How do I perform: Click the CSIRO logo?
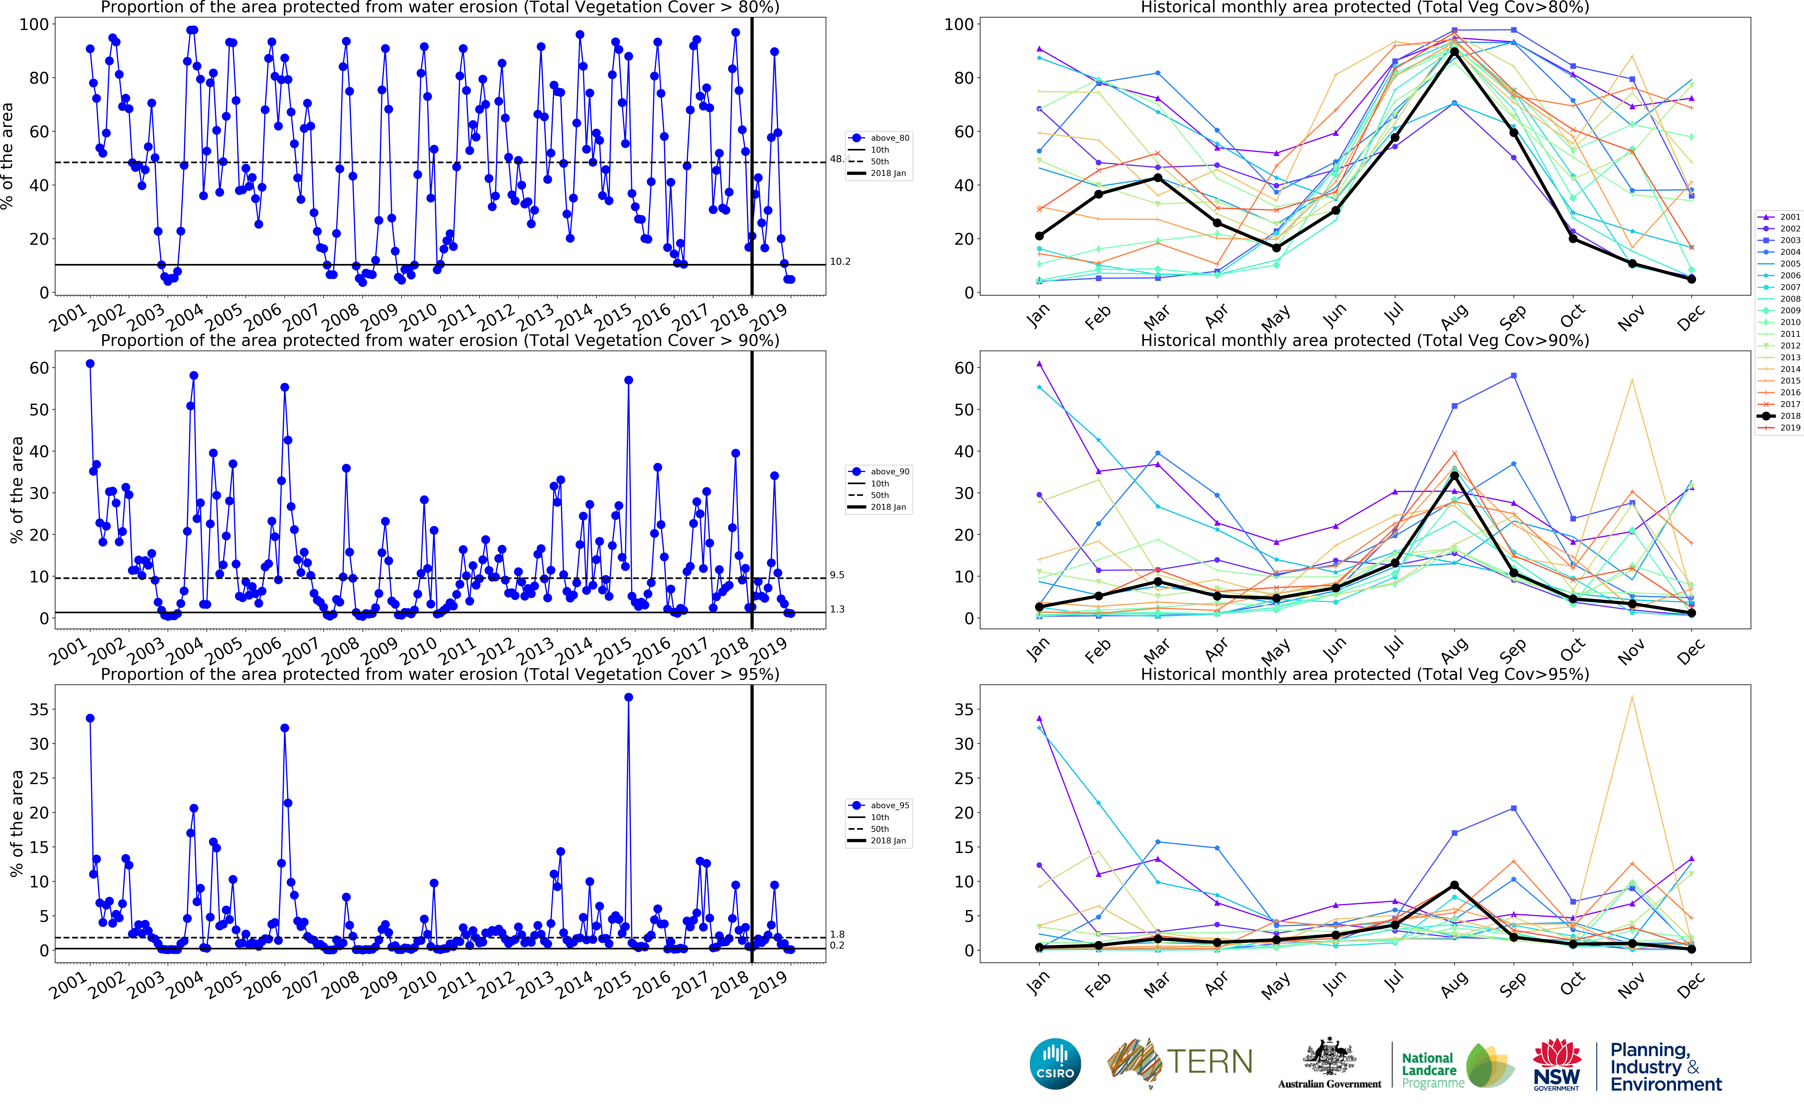[1055, 1063]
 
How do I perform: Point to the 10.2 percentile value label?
[840, 261]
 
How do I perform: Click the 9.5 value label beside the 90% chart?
[837, 575]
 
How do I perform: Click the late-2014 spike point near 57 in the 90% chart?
[628, 380]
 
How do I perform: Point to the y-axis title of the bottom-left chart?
[16, 823]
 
